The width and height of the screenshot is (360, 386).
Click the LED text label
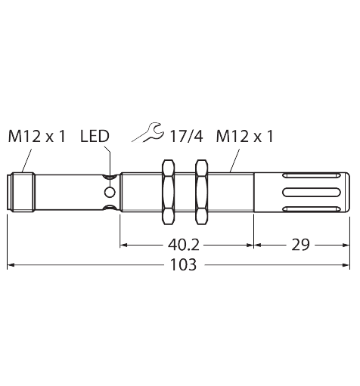pyautogui.click(x=95, y=136)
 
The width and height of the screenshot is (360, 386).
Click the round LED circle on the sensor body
pyautogui.click(x=110, y=192)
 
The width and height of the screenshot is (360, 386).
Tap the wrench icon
pyautogui.click(x=148, y=133)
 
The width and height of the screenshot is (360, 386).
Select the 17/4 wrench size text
pyautogui.click(x=186, y=136)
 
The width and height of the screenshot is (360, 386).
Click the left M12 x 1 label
pyautogui.click(x=37, y=136)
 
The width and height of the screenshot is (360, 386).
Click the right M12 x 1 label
pyautogui.click(x=245, y=136)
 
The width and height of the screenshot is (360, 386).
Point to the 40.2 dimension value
pyautogui.click(x=184, y=245)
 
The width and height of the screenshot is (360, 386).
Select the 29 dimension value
pyautogui.click(x=300, y=245)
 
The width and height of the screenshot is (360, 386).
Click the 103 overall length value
pyautogui.click(x=183, y=265)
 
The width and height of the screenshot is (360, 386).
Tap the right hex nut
pyautogui.click(x=202, y=192)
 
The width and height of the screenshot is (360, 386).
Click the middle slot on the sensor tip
pyautogui.click(x=311, y=192)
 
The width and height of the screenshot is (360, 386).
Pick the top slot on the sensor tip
pyautogui.click(x=311, y=175)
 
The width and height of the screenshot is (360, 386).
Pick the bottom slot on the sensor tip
pyautogui.click(x=311, y=208)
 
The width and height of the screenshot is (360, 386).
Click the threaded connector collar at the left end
pyautogui.click(x=21, y=192)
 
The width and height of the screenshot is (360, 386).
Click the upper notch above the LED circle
pyautogui.click(x=110, y=177)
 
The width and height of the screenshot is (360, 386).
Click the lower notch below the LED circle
pyautogui.click(x=110, y=208)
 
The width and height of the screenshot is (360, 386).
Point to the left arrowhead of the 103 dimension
pyautogui.click(x=11, y=265)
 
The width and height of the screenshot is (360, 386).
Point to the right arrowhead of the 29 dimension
pyautogui.click(x=346, y=245)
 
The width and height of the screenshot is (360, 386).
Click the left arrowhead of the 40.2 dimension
pyautogui.click(x=123, y=245)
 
